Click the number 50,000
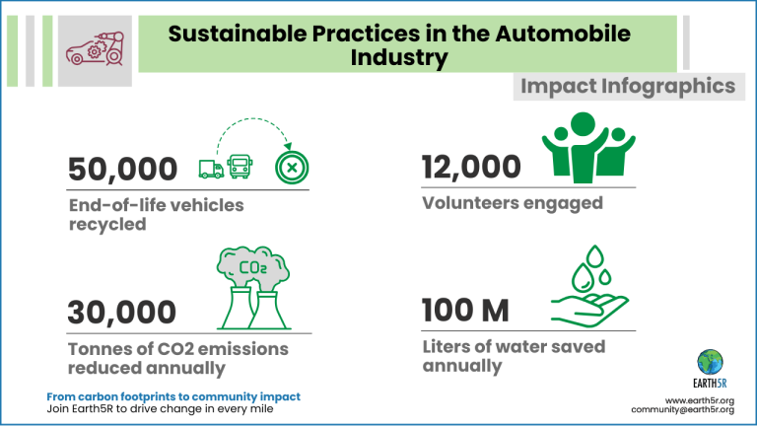point(122,170)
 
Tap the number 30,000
point(122,313)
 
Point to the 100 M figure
point(465,312)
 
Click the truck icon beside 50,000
point(211,169)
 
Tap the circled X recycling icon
point(291,169)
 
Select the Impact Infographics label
point(628,87)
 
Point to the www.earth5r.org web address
point(703,399)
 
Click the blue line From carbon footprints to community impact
point(173,396)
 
